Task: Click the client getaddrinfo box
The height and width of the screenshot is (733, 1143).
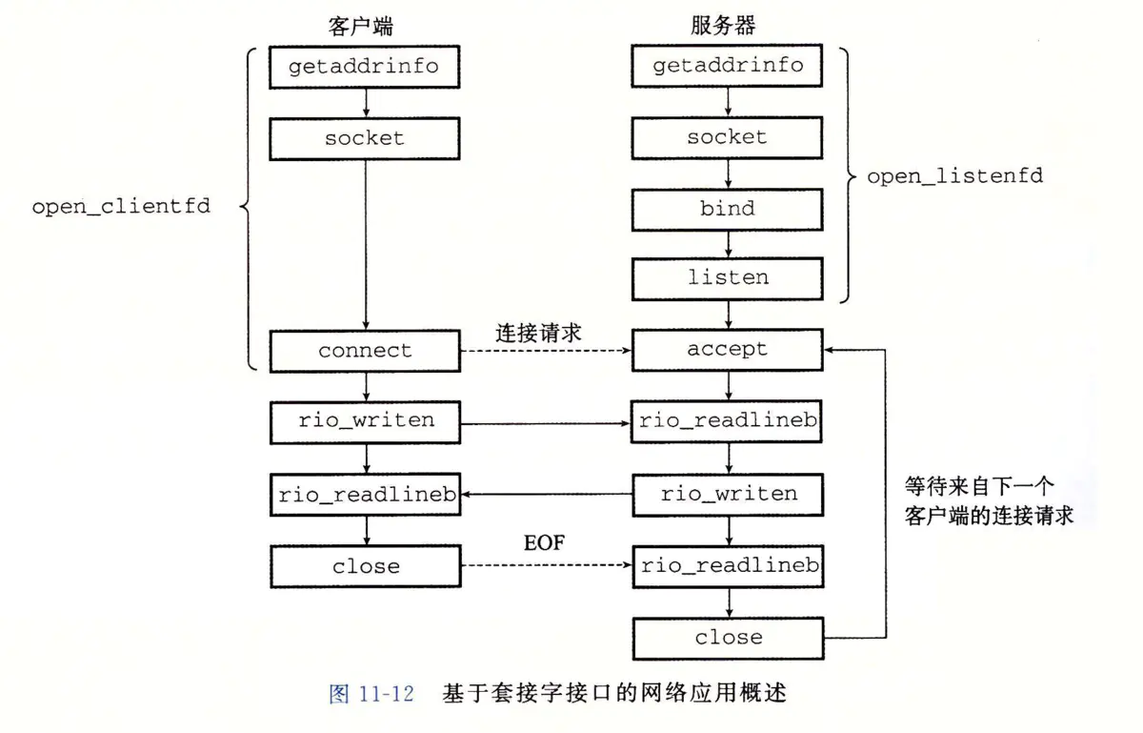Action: point(366,67)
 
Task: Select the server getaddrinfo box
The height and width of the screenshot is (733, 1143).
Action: point(728,66)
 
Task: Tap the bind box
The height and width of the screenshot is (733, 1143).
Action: point(728,208)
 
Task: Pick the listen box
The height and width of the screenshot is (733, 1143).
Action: point(728,278)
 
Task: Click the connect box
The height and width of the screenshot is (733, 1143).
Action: point(366,351)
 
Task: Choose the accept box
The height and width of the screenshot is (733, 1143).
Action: point(728,350)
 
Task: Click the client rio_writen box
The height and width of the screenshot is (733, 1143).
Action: point(366,421)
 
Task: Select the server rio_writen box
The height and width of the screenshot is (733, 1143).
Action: point(728,494)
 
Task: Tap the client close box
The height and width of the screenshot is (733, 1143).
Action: point(366,566)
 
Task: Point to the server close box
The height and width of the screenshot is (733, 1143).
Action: point(728,638)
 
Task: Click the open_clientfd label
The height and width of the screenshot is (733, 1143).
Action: point(121,206)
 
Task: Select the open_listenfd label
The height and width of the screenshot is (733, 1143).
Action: point(954,176)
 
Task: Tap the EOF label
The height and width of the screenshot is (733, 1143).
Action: point(544,544)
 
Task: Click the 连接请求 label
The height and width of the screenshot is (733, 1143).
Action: point(538,333)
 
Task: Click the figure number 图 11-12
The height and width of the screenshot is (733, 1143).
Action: point(371,694)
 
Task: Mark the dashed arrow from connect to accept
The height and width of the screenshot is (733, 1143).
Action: point(546,351)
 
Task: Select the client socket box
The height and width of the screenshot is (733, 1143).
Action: point(366,138)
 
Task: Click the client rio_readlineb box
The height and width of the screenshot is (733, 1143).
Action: point(366,495)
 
